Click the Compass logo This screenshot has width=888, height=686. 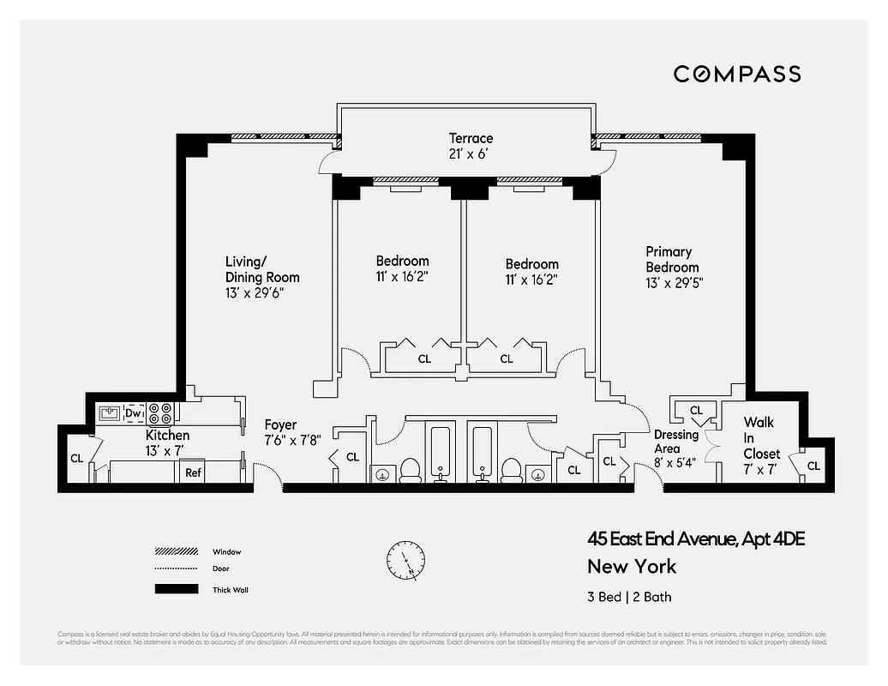pyautogui.click(x=736, y=74)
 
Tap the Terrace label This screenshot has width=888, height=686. pyautogui.click(x=471, y=138)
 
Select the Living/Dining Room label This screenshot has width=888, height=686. pyautogui.click(x=262, y=269)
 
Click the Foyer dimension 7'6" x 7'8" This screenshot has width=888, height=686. pyautogui.click(x=292, y=441)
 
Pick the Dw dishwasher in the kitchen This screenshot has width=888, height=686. pyautogui.click(x=133, y=413)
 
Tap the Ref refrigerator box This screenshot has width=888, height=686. pyautogui.click(x=194, y=472)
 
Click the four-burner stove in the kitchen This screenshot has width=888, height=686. pyautogui.click(x=159, y=414)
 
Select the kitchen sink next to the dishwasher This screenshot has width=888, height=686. pyautogui.click(x=109, y=413)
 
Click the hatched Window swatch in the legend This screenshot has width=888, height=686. pyautogui.click(x=176, y=551)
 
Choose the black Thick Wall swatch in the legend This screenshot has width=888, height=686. pyautogui.click(x=176, y=589)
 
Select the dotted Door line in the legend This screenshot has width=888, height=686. pyautogui.click(x=176, y=569)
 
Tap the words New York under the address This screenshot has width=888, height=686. pyautogui.click(x=631, y=567)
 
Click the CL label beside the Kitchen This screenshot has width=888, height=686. pyautogui.click(x=77, y=459)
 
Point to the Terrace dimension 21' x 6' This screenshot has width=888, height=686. pyautogui.click(x=471, y=154)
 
